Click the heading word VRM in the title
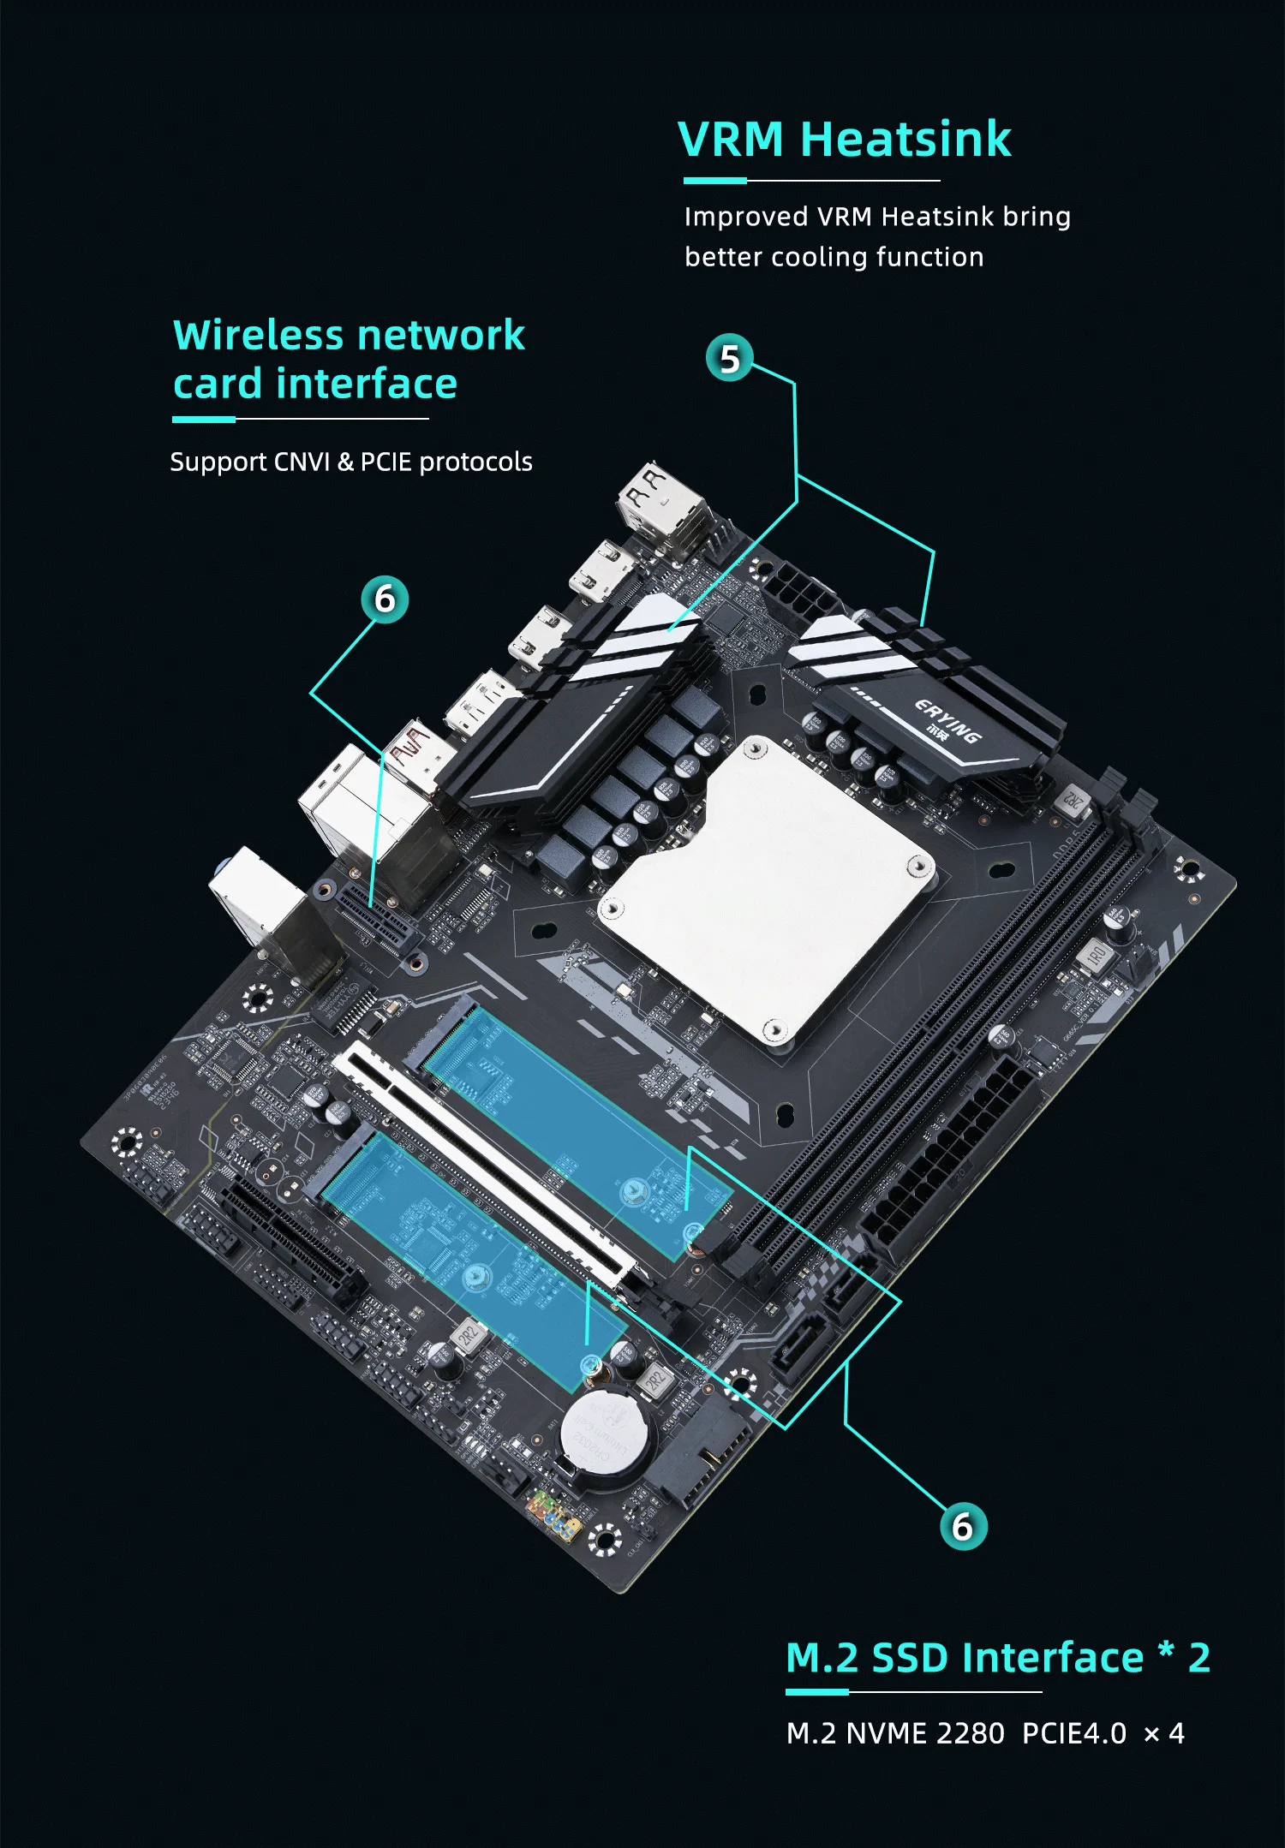coord(730,140)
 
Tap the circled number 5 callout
coord(729,359)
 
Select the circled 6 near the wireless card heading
coord(385,599)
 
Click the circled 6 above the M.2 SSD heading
coord(963,1526)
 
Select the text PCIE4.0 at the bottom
coord(1074,1733)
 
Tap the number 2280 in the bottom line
coord(971,1733)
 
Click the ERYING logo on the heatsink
coord(947,721)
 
